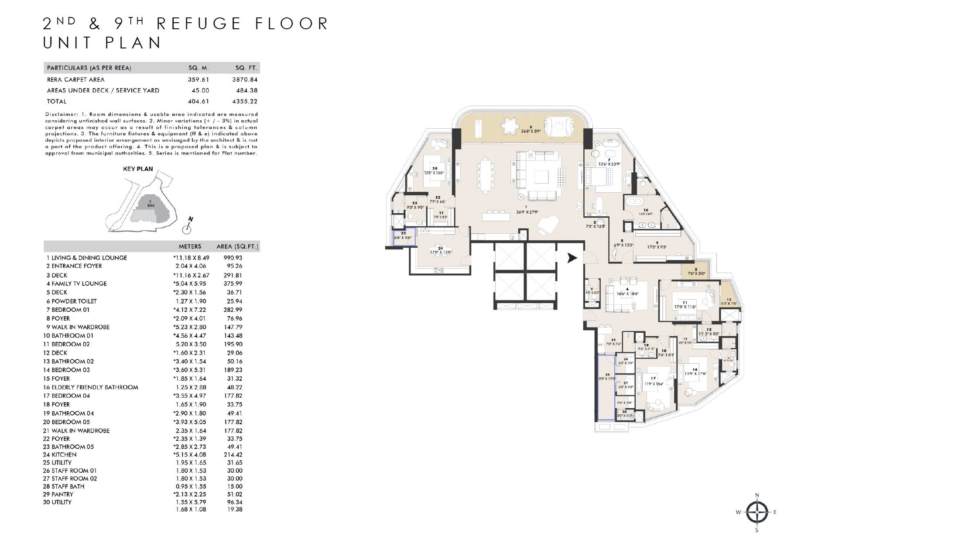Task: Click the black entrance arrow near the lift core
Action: (x=572, y=258)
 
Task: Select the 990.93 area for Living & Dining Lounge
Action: (x=233, y=258)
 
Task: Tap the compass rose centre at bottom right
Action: (x=757, y=512)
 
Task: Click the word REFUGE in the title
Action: (x=199, y=24)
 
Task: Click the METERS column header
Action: (x=190, y=246)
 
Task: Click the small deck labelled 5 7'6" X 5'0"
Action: (x=696, y=271)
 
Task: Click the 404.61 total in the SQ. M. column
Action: (x=199, y=101)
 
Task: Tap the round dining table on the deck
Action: (x=508, y=126)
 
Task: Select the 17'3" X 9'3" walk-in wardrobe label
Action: (x=657, y=247)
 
